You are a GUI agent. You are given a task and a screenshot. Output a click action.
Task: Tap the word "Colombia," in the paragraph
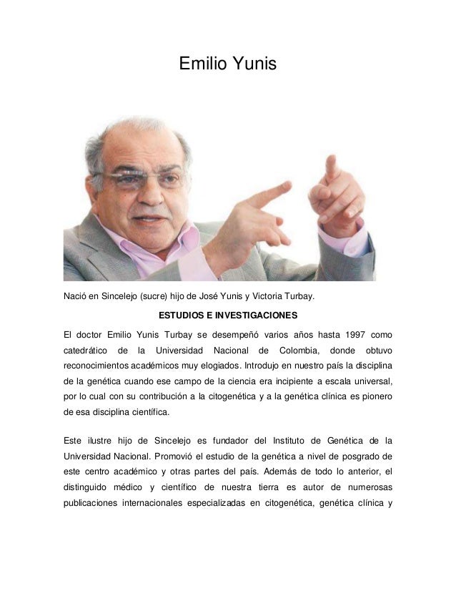pos(293,351)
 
